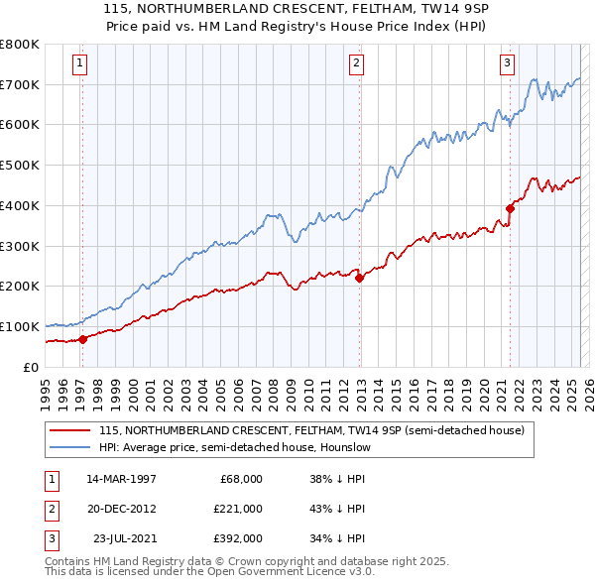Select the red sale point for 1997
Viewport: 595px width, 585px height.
83,338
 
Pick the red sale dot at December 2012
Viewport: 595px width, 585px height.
359,278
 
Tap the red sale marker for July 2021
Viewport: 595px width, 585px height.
510,208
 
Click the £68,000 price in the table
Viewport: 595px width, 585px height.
241,479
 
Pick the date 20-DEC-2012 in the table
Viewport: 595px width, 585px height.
121,509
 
